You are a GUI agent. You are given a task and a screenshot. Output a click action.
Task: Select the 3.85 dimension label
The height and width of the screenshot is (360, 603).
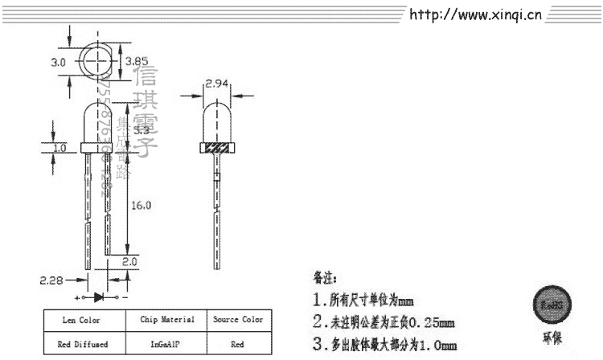click(x=131, y=59)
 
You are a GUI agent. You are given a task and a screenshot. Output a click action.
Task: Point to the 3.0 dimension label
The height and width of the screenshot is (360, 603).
click(x=58, y=61)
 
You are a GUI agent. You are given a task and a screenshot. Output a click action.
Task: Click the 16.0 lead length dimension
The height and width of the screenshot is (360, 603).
click(x=141, y=205)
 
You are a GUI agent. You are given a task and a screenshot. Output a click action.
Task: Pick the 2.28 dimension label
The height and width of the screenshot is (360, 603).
click(x=51, y=280)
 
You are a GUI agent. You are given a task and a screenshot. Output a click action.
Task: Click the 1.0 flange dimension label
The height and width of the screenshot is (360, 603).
click(x=59, y=149)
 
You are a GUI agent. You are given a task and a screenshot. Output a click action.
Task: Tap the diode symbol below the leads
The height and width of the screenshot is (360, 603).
click(x=100, y=297)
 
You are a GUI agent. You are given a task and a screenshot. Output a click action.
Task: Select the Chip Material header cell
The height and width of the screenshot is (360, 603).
click(x=167, y=320)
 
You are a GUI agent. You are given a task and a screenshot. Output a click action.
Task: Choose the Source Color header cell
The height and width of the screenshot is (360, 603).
click(x=238, y=320)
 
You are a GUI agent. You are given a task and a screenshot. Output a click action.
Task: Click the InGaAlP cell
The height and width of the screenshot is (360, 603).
click(x=167, y=343)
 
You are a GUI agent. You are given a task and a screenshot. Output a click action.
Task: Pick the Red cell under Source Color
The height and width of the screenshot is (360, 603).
click(x=238, y=343)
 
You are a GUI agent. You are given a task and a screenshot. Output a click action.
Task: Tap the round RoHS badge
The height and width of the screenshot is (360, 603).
click(x=552, y=305)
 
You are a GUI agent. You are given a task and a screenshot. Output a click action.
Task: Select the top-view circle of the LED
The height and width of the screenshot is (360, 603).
click(x=96, y=59)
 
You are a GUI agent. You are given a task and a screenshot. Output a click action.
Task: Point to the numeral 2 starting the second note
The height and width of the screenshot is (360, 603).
click(x=319, y=324)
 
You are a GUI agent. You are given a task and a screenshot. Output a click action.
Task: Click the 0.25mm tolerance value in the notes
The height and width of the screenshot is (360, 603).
click(x=431, y=324)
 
